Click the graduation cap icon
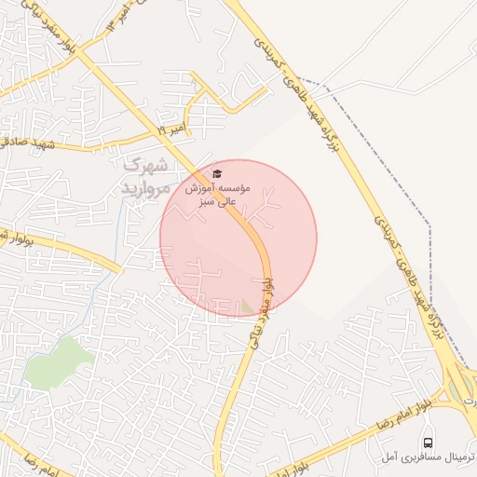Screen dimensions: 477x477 tap(218, 173)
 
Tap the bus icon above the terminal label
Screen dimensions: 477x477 tap(428, 443)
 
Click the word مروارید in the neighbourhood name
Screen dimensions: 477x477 tap(143, 187)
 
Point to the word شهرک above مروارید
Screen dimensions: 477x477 tap(146, 167)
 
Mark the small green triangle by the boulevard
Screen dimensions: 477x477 tap(246, 306)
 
